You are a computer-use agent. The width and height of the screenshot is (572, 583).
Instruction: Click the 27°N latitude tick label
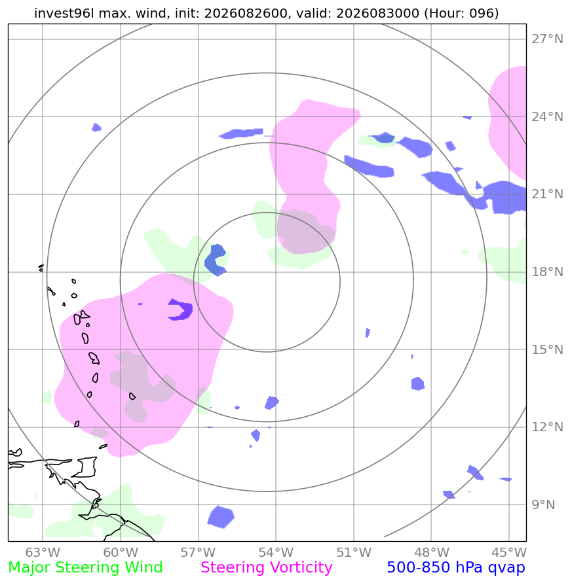point(547,39)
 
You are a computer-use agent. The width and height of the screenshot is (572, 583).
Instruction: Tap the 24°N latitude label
point(547,116)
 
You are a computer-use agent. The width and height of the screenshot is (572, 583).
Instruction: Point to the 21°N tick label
point(547,194)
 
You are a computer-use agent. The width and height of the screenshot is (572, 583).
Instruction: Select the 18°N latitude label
point(547,272)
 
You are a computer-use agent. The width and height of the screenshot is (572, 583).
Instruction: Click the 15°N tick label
point(547,349)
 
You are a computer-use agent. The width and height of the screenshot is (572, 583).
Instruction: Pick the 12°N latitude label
point(547,427)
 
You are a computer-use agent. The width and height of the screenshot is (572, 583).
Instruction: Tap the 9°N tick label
point(543,504)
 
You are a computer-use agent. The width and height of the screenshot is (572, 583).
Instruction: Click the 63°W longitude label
point(43,552)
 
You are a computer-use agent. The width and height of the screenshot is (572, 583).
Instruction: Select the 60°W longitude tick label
point(121,552)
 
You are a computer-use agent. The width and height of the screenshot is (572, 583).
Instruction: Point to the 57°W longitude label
point(198,552)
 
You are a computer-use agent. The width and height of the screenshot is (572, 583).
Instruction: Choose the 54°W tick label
point(276,552)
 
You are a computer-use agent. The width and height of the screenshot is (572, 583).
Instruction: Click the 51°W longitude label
point(354,552)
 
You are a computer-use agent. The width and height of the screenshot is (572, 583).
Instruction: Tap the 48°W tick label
point(431,552)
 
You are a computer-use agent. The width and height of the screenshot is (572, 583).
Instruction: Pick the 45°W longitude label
point(509,552)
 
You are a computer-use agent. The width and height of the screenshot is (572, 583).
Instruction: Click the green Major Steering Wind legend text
point(85,568)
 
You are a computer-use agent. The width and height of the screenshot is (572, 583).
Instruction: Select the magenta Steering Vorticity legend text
point(266,568)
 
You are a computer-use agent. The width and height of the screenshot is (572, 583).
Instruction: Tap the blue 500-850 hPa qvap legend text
point(456,568)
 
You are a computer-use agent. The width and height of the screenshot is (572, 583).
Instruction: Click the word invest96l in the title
point(64,13)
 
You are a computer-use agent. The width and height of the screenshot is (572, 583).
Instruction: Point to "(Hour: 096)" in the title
point(461,13)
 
